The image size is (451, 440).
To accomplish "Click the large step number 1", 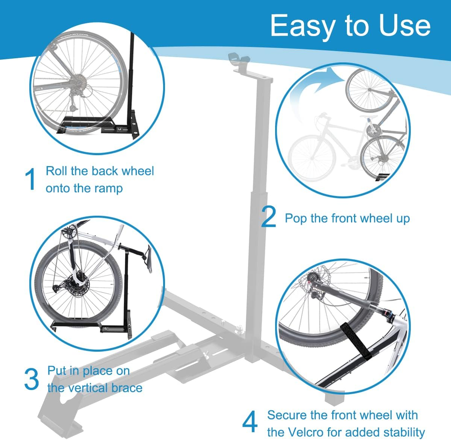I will [x=32, y=179].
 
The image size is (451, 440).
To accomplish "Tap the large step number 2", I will [x=268, y=217].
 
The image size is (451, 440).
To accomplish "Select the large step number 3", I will [x=31, y=379].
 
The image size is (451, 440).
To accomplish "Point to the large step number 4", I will [x=250, y=422].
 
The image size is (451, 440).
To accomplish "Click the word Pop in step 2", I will [x=296, y=218].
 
